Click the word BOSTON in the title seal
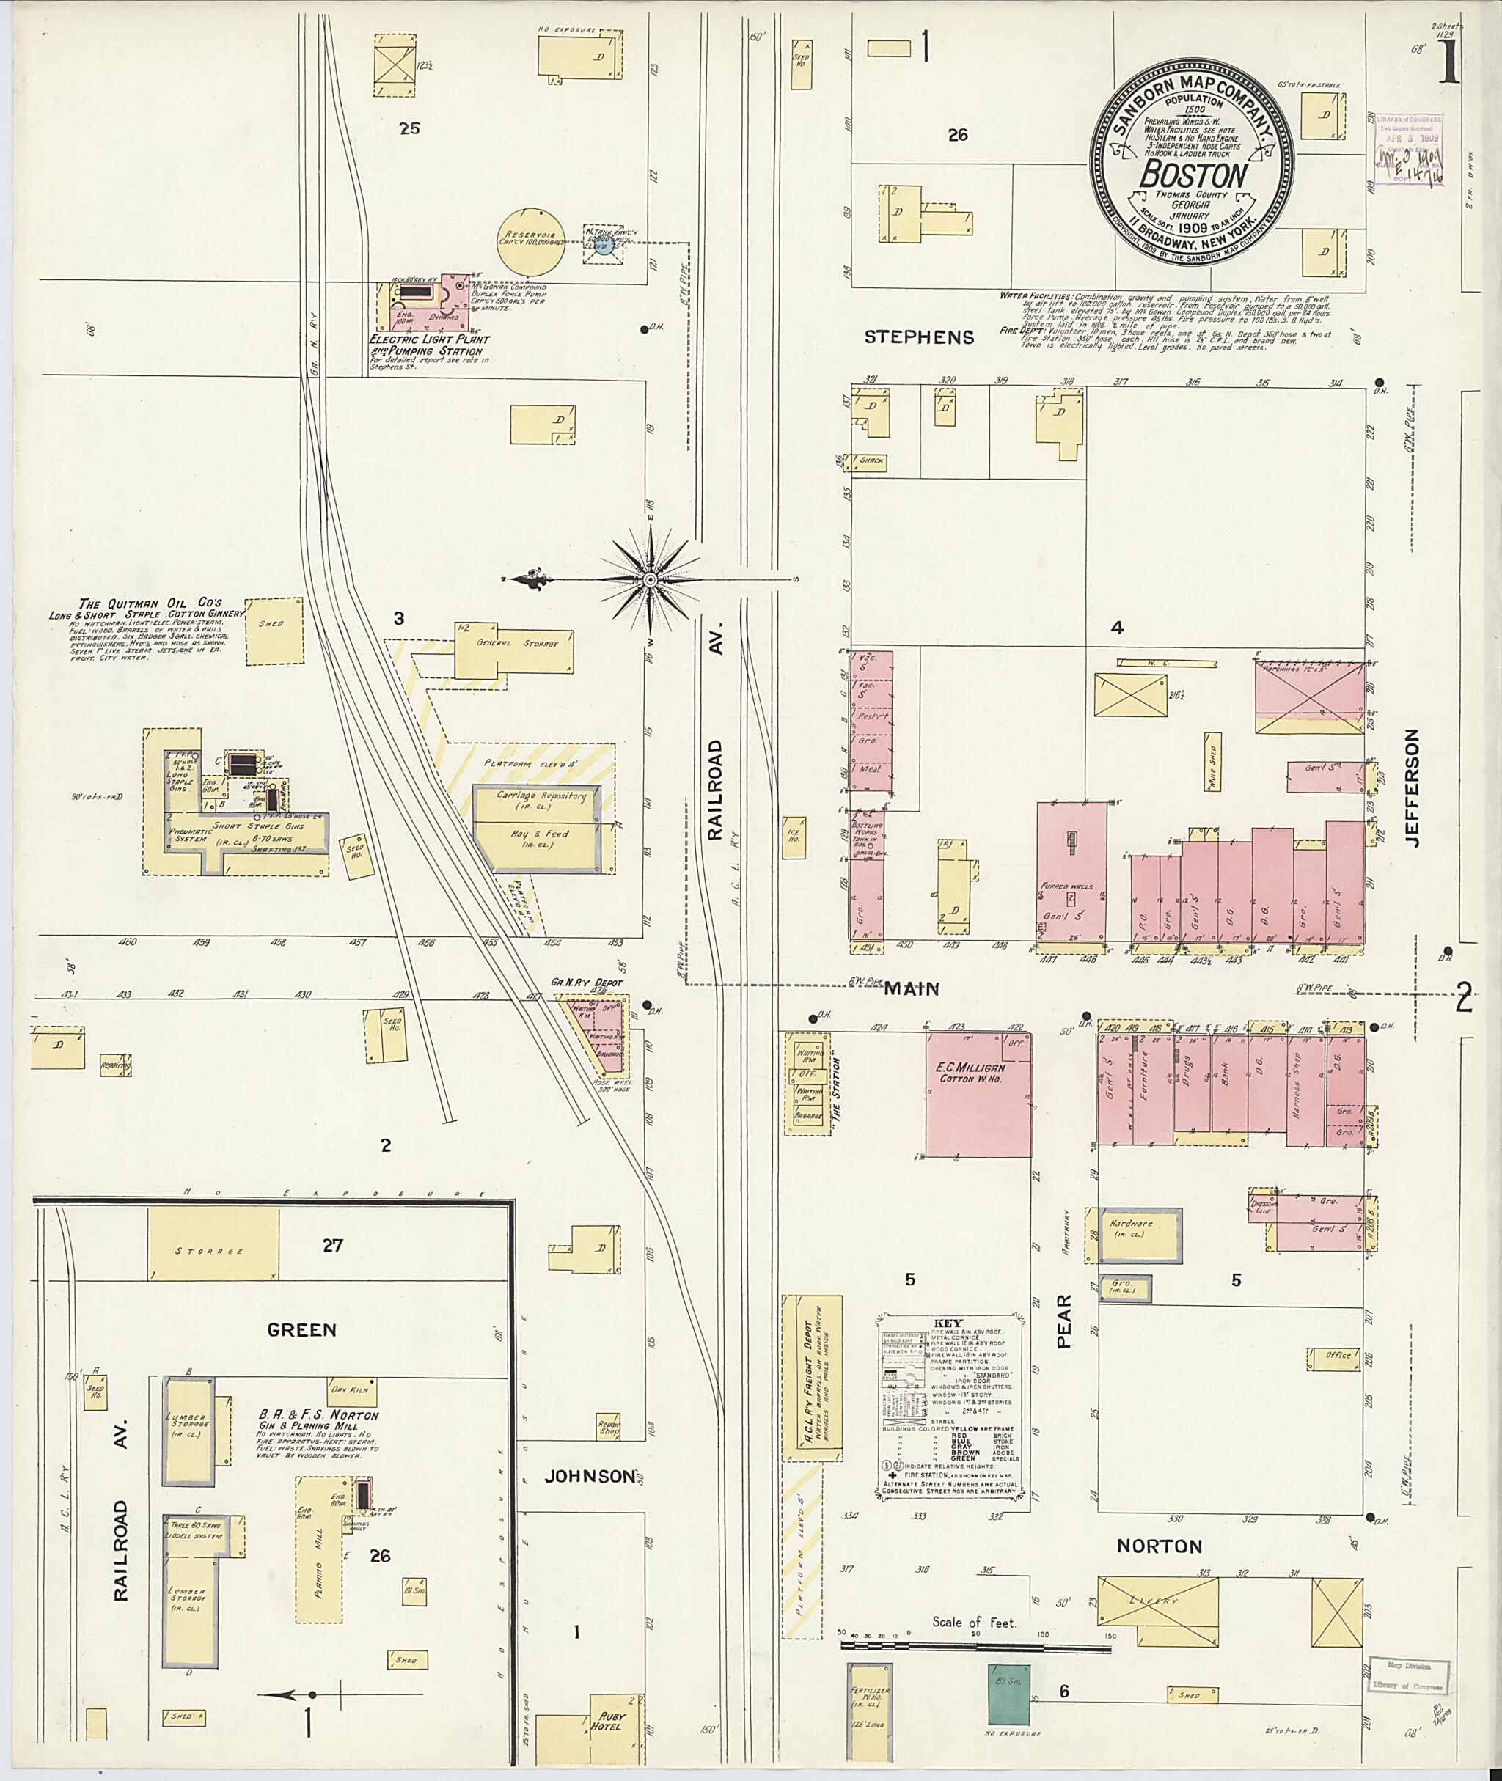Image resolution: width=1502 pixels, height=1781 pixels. pos(1193,176)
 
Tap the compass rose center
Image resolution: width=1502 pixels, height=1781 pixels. pos(650,580)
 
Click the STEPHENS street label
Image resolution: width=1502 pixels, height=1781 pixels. pos(919,337)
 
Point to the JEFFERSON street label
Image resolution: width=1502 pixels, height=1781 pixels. pos(1414,787)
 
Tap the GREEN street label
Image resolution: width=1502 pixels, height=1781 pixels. pos(301,1330)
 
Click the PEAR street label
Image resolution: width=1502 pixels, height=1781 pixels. pos(1064,1321)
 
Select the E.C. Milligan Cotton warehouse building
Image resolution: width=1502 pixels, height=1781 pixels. pos(978,1094)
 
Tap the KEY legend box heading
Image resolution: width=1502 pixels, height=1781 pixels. pos(948,1323)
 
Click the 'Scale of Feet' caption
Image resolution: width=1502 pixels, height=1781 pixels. pos(974,1623)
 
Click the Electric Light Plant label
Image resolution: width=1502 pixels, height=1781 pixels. pos(428,339)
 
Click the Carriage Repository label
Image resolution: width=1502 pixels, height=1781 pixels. pos(541,796)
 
